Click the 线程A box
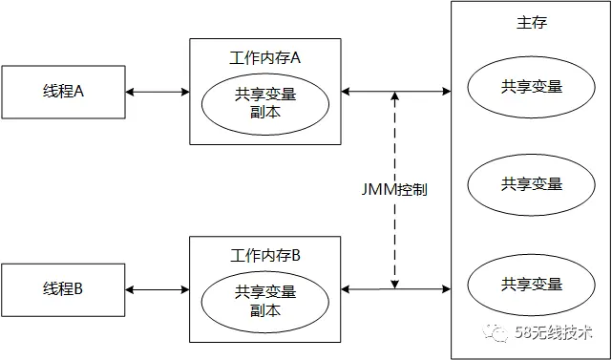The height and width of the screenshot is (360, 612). pyautogui.click(x=63, y=92)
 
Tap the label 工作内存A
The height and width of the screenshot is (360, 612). pyautogui.click(x=265, y=58)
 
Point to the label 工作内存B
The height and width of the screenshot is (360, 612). pyautogui.click(x=265, y=255)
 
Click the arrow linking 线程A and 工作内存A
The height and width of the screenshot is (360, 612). pyautogui.click(x=158, y=92)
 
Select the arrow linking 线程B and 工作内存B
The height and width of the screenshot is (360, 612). pyautogui.click(x=158, y=288)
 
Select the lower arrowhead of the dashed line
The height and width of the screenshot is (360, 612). pyautogui.click(x=395, y=280)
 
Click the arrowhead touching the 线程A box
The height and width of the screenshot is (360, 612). pyautogui.click(x=130, y=92)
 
